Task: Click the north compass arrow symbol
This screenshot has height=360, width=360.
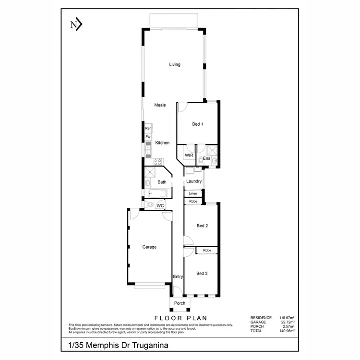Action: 76,24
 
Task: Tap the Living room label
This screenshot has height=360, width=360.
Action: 174,64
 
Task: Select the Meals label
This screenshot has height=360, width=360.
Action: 160,105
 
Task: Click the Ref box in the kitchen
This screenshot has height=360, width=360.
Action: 148,129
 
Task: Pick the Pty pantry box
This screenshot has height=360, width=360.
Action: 148,137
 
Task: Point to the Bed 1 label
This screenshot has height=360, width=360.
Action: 198,124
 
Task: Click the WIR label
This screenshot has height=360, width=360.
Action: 189,156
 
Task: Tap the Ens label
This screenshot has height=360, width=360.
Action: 206,158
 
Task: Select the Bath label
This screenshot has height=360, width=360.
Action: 162,182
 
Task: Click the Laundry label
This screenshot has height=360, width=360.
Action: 194,181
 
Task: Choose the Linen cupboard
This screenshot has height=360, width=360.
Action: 193,193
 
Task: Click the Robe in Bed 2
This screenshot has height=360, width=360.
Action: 193,201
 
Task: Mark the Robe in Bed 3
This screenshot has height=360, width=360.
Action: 207,251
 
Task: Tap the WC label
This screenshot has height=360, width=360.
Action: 161,206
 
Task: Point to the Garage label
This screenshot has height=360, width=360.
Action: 149,247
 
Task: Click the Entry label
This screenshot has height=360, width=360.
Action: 178,276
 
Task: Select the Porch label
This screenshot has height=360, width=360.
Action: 180,303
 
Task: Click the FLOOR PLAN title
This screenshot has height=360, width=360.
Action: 180,318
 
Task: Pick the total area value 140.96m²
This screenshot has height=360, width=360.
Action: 287,331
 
